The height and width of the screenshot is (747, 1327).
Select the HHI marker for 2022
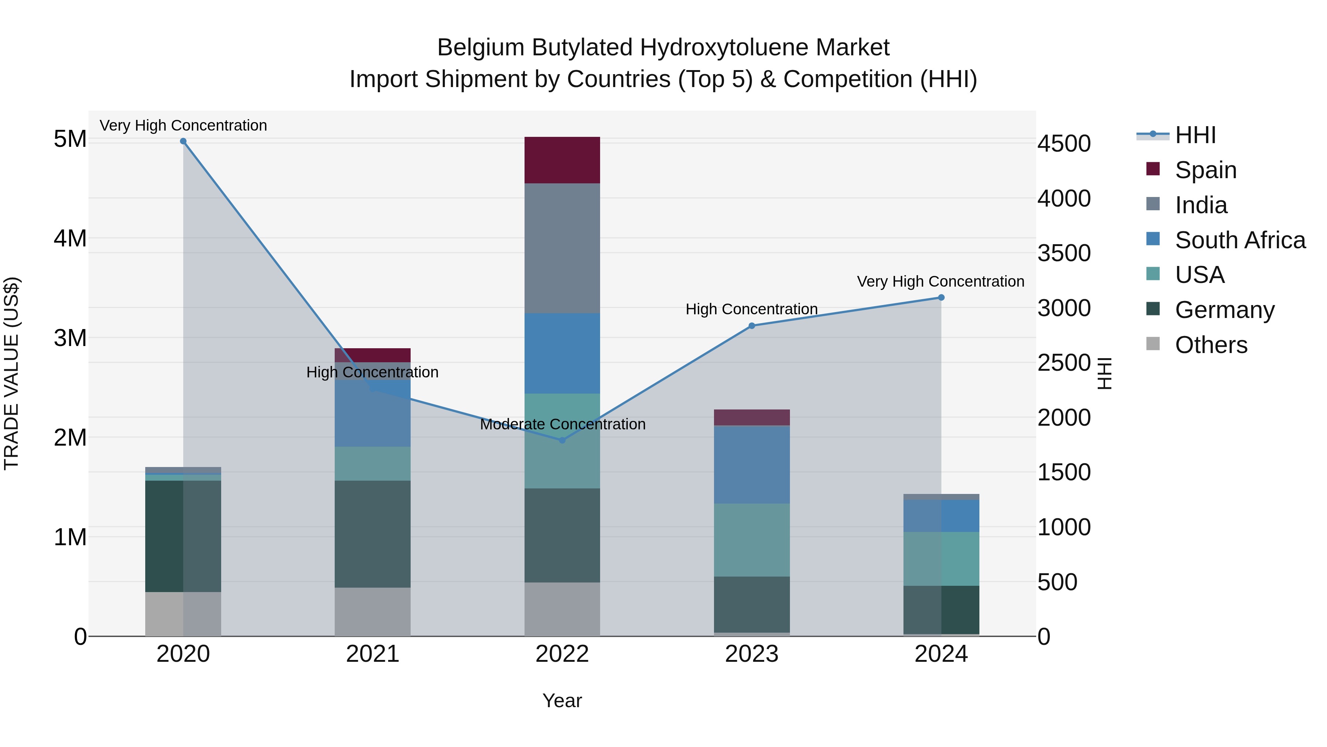[x=562, y=440]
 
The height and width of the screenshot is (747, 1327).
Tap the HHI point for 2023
[x=752, y=326]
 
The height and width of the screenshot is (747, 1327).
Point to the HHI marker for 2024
[x=941, y=297]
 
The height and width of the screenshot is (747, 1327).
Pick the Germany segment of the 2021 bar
[x=372, y=534]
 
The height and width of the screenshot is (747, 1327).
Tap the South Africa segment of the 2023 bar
[x=752, y=464]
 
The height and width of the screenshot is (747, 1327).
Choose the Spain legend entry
[x=1205, y=170]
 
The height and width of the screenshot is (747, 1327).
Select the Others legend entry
[x=1211, y=345]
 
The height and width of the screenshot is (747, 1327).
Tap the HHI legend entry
[x=1195, y=135]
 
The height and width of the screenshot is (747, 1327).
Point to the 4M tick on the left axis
[x=70, y=238]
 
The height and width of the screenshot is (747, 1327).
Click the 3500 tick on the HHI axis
[x=1064, y=253]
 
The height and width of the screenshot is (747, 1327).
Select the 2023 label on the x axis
[x=752, y=654]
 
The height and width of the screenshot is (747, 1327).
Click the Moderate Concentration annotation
[x=563, y=424]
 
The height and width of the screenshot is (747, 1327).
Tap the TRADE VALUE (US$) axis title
[x=11, y=373]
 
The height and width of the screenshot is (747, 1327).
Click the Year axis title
[x=562, y=701]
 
